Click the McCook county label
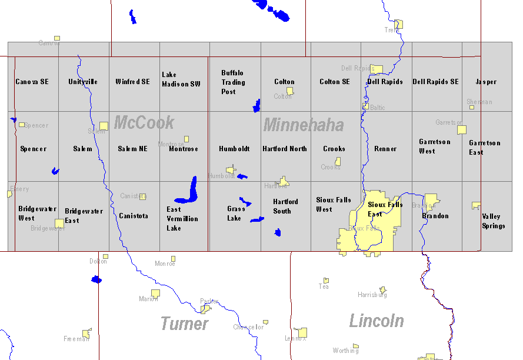point(144,123)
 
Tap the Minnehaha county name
point(304,125)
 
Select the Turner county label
point(185,324)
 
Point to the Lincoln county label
point(377,321)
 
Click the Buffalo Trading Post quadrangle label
point(232,82)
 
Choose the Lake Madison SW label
point(181,79)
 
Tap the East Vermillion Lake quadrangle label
point(182,219)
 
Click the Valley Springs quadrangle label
point(493,221)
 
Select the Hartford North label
point(285,149)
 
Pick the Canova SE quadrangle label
point(32,82)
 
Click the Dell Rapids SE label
point(435,82)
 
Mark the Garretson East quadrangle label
point(484,148)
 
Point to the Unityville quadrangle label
point(83,82)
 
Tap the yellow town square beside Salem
point(104,126)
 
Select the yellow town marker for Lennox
point(302,332)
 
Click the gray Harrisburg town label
point(372,295)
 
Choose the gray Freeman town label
point(76,339)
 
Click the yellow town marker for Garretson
point(462,129)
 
